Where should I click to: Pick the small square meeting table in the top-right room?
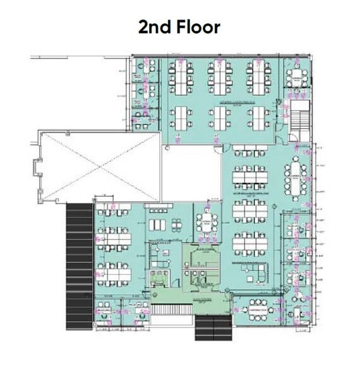(x=295, y=77)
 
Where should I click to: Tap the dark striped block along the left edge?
(x=79, y=265)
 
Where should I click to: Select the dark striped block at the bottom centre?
(x=213, y=327)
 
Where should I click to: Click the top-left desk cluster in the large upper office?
(x=181, y=75)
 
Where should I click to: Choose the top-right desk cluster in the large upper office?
(x=258, y=75)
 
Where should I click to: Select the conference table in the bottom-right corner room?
(x=258, y=310)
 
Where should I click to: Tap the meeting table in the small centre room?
(x=207, y=221)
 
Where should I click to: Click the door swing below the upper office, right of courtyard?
(x=218, y=149)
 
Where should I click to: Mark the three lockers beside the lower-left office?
(x=159, y=225)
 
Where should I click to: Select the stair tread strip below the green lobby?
(x=171, y=310)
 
